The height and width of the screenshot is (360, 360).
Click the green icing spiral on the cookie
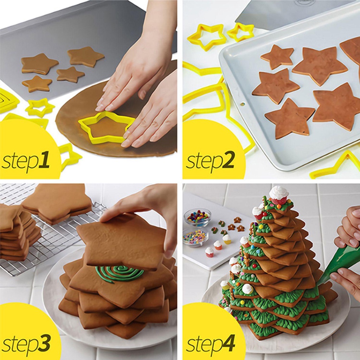click(x=119, y=274)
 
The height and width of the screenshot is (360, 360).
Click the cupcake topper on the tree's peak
click(x=278, y=194)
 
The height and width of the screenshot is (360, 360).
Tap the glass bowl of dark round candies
click(x=197, y=217)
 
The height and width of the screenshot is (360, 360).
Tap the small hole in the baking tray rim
click(x=242, y=104)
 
